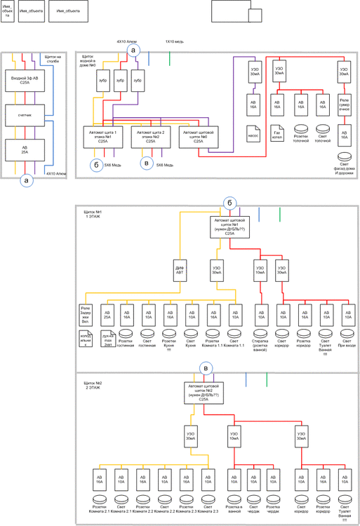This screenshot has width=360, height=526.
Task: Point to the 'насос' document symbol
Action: pos(254,132)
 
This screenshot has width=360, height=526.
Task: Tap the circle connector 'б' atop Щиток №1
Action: pos(229,203)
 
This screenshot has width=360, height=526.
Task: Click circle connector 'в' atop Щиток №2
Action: pos(205,368)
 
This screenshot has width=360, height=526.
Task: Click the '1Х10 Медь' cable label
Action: pos(174,42)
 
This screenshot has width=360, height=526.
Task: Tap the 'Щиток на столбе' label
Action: pos(53,60)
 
